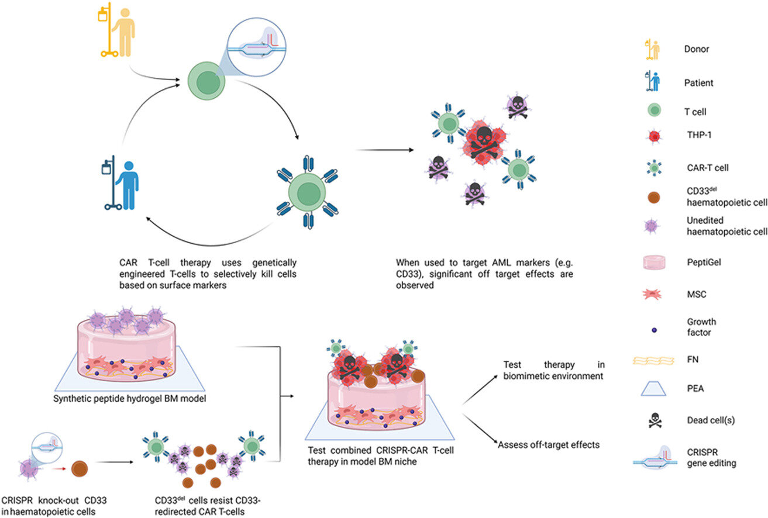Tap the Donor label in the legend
[x=695, y=50]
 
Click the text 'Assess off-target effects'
[x=549, y=444]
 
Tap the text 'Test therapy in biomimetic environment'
[x=553, y=370]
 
